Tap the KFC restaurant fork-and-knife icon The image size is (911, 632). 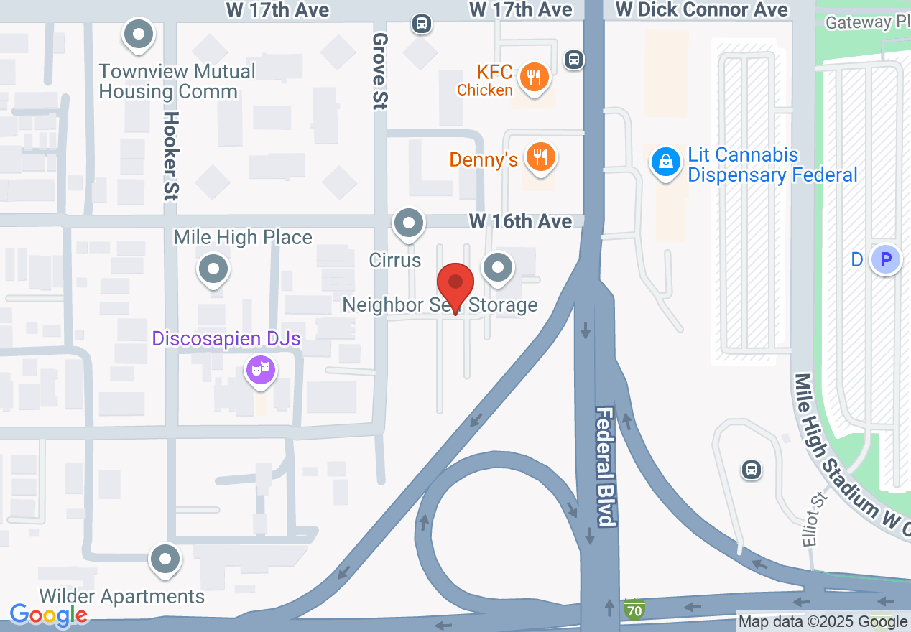(534, 75)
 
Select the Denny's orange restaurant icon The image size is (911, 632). (540, 157)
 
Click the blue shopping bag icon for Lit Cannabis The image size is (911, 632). (666, 162)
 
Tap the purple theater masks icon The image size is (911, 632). (261, 371)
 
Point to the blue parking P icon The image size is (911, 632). (886, 259)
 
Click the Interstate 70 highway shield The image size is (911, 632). (634, 609)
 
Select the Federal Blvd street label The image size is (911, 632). (606, 467)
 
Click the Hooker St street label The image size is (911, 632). (170, 154)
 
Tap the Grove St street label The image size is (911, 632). (380, 71)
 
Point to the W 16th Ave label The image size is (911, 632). (521, 221)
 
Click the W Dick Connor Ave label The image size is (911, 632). (702, 9)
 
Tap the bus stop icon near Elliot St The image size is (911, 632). (751, 470)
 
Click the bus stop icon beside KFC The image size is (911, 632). (573, 60)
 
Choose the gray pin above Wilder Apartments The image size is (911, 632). (165, 559)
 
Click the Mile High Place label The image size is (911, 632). (243, 237)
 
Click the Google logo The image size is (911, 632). (49, 615)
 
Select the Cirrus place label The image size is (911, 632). (394, 259)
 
